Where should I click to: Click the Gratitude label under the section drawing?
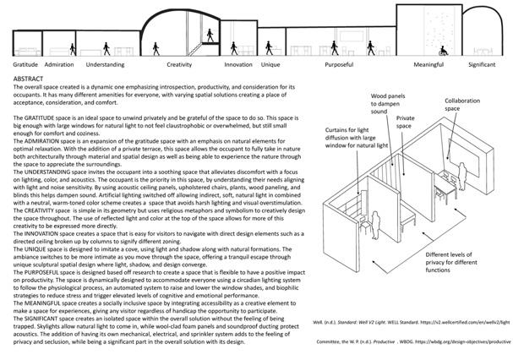(26, 64)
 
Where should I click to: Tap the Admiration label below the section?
(58, 64)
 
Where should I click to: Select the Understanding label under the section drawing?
(106, 64)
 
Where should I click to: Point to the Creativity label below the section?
(179, 64)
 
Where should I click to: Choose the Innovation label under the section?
(237, 64)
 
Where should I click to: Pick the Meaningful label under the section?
(429, 64)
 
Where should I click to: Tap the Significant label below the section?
(482, 64)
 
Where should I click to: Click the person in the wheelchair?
(442, 50)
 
